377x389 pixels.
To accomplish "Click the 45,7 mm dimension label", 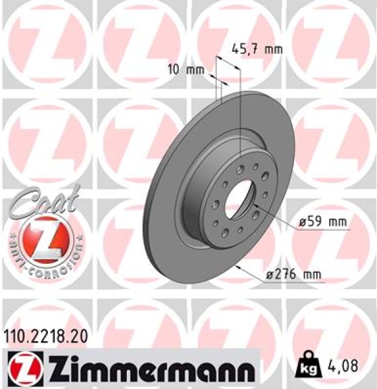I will click(x=257, y=48).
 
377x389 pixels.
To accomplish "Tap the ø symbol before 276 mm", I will click(x=270, y=275).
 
